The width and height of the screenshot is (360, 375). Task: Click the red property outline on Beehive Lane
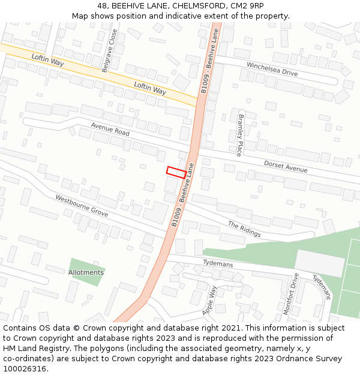click(x=176, y=172)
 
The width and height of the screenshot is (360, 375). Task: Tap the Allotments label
click(x=86, y=272)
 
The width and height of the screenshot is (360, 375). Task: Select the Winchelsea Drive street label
click(x=272, y=69)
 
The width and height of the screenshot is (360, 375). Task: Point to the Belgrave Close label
click(x=109, y=51)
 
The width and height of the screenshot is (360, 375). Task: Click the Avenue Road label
click(x=110, y=129)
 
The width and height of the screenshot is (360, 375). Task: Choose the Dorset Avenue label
click(x=286, y=166)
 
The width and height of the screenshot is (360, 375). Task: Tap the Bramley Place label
click(x=241, y=135)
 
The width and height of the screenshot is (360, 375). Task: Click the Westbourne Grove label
click(x=82, y=206)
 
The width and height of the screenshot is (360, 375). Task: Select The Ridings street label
click(x=244, y=229)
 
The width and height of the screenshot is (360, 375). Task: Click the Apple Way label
click(x=210, y=300)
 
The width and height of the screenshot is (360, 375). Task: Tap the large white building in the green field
click(x=320, y=263)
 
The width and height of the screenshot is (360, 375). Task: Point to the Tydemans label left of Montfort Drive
click(x=218, y=263)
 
